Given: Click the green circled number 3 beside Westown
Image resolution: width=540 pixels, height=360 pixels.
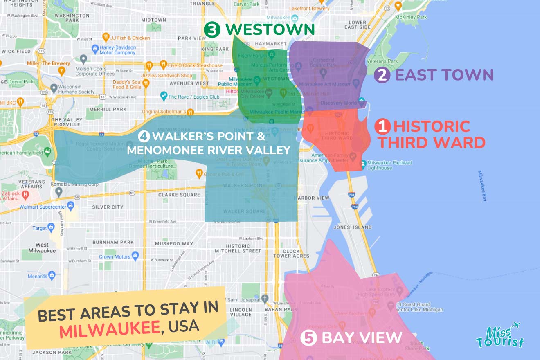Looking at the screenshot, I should [x=212, y=29].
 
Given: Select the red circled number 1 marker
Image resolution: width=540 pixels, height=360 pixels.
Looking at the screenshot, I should [x=382, y=127].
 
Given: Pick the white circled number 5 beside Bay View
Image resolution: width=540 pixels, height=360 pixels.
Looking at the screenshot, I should [x=308, y=338].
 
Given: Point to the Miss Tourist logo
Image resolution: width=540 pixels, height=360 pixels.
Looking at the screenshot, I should [x=500, y=336].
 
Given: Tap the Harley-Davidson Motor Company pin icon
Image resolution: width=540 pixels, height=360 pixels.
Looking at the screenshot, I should [x=95, y=48].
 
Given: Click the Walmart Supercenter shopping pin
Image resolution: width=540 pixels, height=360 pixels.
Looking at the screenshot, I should [x=71, y=204].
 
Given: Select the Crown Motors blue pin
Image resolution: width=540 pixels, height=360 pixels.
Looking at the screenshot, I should [x=135, y=256].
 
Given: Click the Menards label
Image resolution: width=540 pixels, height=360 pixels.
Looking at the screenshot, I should [x=38, y=276].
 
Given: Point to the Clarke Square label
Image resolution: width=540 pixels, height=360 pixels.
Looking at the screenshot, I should [x=180, y=195].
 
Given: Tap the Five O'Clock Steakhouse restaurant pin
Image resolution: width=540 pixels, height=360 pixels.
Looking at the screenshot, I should [x=163, y=64].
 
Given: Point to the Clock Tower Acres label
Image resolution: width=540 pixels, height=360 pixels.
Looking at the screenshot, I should [x=296, y=254].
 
